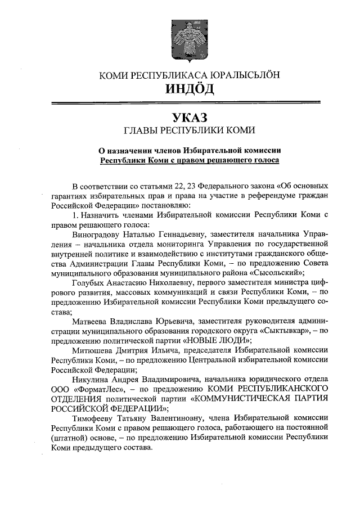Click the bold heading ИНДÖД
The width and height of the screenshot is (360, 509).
[x=189, y=89]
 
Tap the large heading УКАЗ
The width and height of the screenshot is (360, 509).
[x=189, y=117]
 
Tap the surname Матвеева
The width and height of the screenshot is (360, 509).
[x=92, y=322]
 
